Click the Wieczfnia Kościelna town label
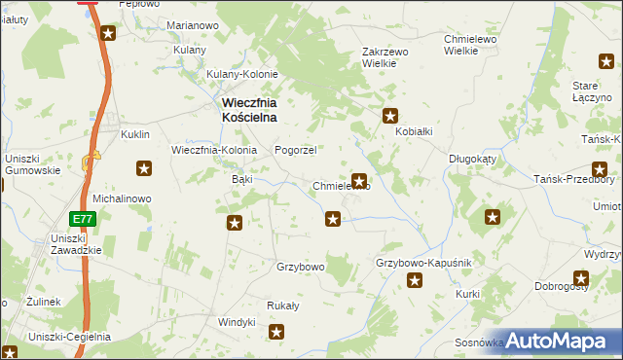[248, 109]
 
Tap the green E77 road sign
[83, 219]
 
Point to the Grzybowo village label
[300, 266]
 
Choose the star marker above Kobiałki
[390, 115]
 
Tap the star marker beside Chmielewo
[359, 180]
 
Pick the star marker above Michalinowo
[144, 169]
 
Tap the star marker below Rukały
[277, 333]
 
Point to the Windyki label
[236, 322]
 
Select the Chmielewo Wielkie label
[471, 45]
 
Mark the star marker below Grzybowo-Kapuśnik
[415, 282]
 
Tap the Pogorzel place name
[296, 150]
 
